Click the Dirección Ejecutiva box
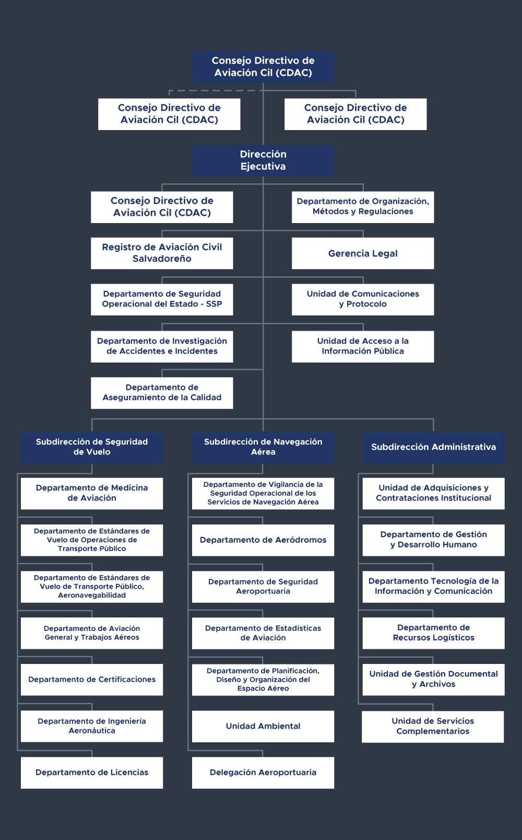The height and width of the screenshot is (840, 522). point(263,160)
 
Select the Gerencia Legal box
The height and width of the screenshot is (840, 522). point(363,253)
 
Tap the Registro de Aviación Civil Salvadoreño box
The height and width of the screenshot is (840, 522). point(162,253)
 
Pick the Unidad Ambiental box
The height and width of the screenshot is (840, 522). point(263,726)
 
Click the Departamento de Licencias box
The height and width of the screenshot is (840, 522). point(92,773)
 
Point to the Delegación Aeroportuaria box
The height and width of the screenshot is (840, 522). point(263,773)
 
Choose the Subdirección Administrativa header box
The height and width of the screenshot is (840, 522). point(434,447)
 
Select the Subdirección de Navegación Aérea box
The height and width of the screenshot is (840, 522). point(263,447)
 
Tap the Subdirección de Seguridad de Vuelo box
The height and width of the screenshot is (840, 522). point(92,447)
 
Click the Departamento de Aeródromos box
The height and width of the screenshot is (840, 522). point(263,540)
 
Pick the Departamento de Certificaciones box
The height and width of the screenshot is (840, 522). point(92,680)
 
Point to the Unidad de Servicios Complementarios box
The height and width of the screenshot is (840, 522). point(433,726)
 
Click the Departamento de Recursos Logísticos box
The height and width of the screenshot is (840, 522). point(434,633)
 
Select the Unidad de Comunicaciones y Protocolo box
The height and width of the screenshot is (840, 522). point(363,299)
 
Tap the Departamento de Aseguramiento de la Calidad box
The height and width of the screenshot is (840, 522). point(162,393)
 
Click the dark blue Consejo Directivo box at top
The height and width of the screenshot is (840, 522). point(263,67)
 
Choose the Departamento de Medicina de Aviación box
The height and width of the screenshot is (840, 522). point(92,493)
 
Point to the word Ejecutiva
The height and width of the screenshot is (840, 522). point(263,167)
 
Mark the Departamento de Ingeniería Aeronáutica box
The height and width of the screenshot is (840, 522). point(92,726)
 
